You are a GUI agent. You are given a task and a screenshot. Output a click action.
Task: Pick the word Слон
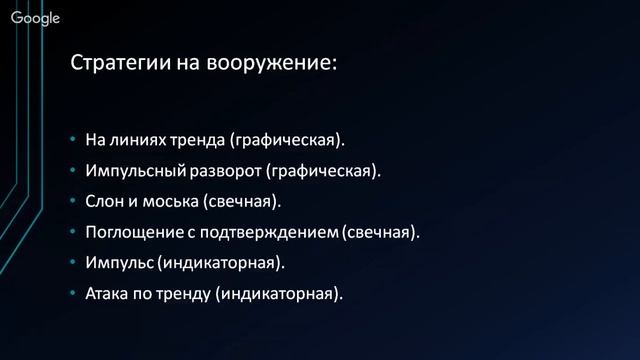click(x=105, y=201)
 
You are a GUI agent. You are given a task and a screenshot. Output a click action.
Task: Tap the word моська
click(x=169, y=201)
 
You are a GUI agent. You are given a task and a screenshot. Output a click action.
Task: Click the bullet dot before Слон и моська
click(x=74, y=202)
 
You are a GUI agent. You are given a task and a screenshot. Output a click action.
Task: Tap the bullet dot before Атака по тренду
click(x=74, y=295)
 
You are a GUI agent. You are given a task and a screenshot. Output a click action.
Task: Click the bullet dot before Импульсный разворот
click(x=74, y=171)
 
